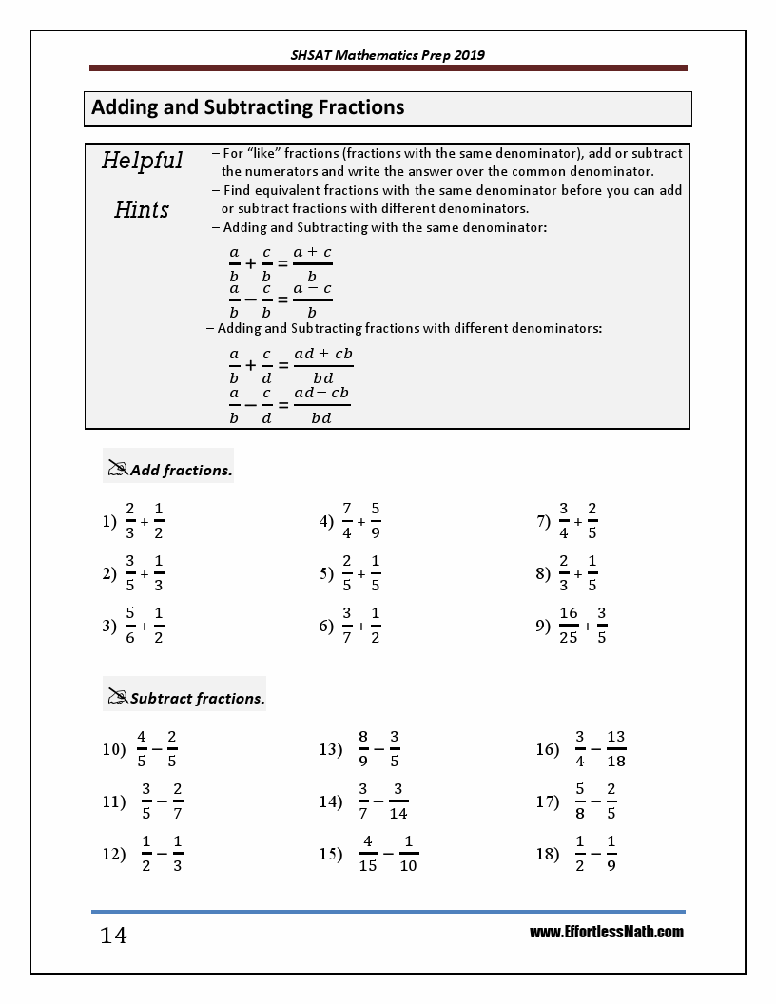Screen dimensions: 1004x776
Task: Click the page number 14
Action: [113, 936]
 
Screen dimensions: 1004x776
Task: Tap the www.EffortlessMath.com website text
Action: [607, 932]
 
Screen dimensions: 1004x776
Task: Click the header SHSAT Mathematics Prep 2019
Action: [388, 55]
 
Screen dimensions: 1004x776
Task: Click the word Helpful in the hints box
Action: [142, 161]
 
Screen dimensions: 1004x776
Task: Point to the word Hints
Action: [142, 209]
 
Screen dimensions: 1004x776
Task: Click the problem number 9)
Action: [544, 626]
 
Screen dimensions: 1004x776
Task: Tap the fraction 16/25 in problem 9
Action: [569, 626]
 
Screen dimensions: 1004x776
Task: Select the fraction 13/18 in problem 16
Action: [615, 749]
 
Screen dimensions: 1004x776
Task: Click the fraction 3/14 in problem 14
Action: [398, 801]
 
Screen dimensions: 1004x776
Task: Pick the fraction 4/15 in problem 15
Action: [367, 854]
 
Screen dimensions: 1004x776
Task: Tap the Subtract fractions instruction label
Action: [197, 698]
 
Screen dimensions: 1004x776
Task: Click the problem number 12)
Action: [114, 854]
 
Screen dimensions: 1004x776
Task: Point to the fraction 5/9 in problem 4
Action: [376, 521]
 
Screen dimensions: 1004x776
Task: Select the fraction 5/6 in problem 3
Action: [130, 626]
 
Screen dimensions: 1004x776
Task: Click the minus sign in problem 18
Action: [595, 854]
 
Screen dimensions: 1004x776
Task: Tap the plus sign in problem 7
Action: [578, 521]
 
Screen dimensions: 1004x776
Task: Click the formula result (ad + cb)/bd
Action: [323, 365]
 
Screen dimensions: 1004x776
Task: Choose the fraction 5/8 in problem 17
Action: [580, 801]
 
